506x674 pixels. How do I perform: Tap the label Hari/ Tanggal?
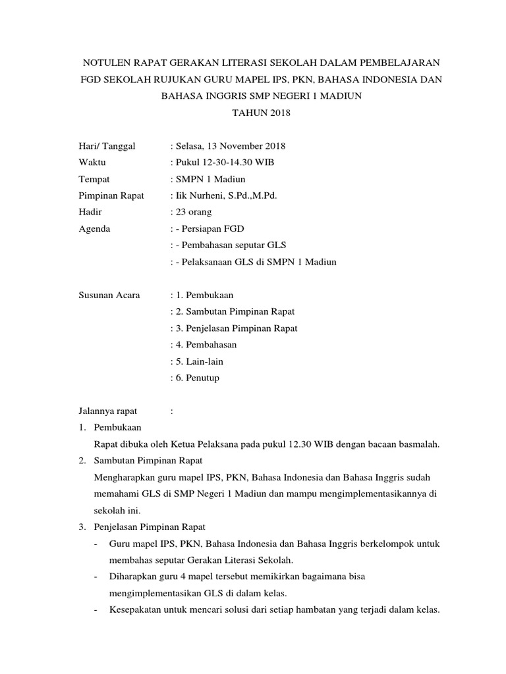tap(107, 146)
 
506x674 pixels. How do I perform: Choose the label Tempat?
tap(94, 179)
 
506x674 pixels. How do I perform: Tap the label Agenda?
tap(95, 229)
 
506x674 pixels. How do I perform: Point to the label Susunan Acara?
tap(109, 296)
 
